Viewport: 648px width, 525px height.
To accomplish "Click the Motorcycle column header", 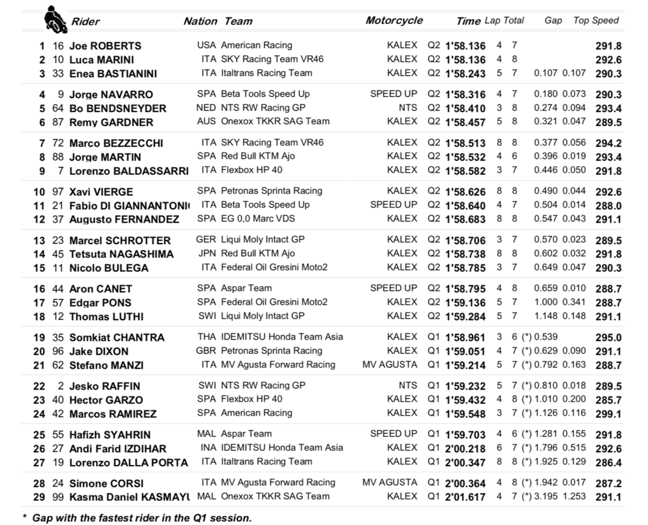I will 394,20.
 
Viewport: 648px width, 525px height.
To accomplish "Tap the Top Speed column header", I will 595,20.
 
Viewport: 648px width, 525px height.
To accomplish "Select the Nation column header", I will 200,21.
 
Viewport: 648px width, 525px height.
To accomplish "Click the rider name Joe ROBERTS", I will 105,46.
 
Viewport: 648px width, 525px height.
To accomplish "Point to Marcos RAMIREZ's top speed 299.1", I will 608,414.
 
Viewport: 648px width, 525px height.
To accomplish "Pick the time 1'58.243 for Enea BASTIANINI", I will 465,73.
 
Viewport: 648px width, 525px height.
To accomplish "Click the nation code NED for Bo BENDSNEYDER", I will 206,108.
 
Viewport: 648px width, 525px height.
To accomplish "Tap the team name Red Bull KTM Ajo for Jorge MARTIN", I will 258,156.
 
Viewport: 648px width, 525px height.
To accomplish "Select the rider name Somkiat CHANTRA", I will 116,337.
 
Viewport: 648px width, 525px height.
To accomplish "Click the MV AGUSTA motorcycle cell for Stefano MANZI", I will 390,364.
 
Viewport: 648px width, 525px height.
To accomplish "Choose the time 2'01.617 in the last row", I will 465,497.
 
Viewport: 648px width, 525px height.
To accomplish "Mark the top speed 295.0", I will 608,337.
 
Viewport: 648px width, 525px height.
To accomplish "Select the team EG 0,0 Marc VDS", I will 258,219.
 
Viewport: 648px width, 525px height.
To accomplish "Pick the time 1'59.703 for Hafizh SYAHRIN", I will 465,435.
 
